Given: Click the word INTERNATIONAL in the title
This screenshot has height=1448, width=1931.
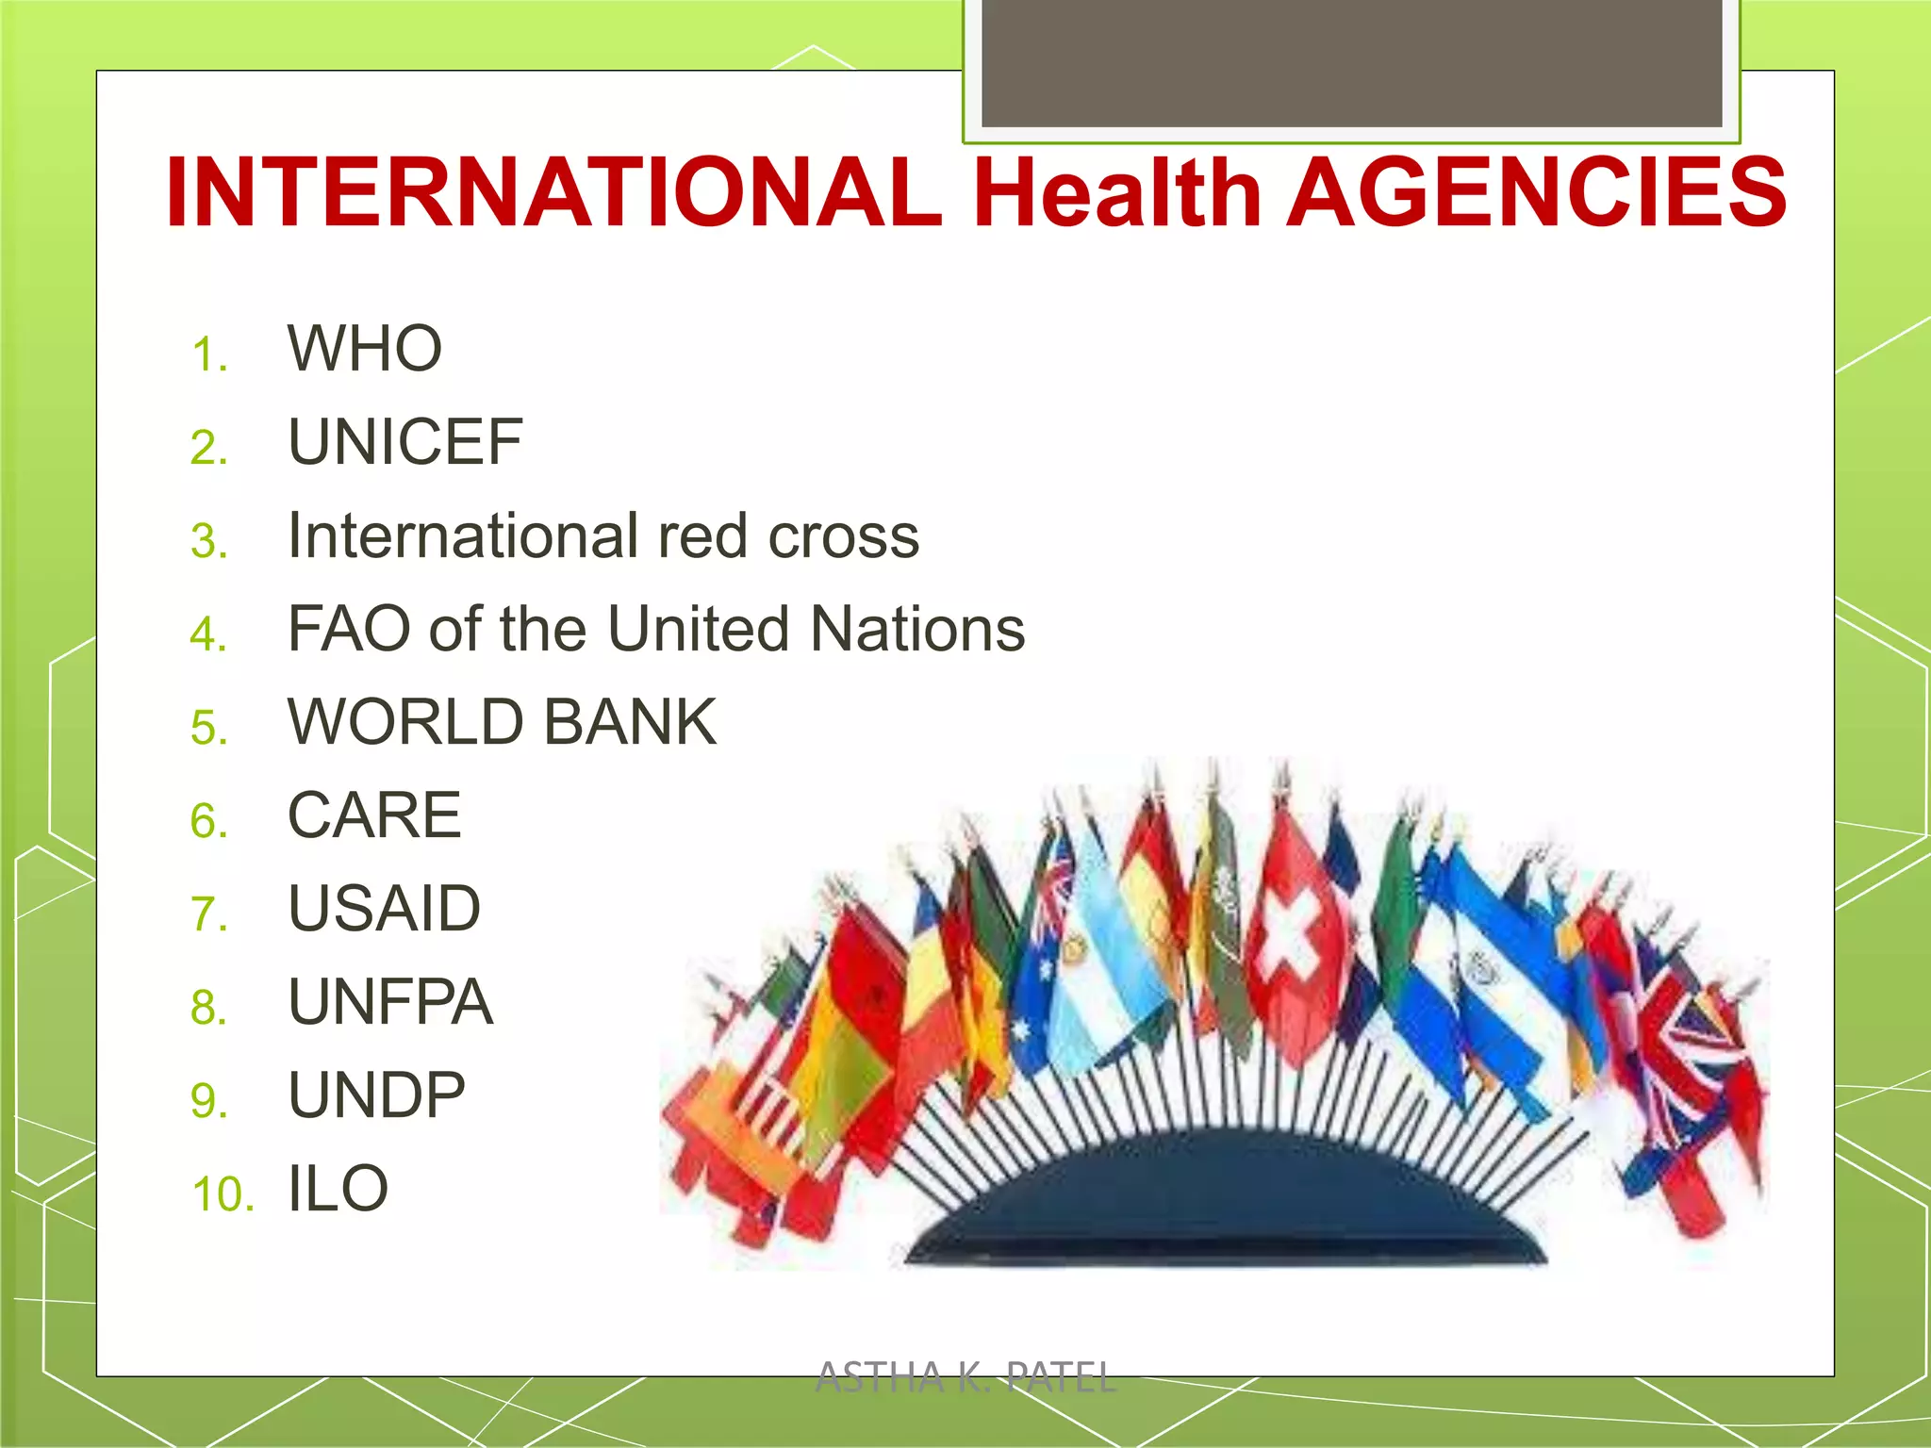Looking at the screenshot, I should click(553, 192).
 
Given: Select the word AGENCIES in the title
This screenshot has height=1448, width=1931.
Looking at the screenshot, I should click(1536, 192).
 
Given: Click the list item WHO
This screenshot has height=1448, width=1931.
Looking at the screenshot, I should click(365, 349).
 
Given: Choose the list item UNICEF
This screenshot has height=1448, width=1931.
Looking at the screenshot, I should click(405, 442).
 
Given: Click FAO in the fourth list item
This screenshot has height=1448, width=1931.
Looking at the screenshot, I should click(349, 629).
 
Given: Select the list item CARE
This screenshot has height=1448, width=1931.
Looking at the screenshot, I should click(374, 815).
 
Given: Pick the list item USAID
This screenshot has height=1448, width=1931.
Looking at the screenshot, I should click(385, 909).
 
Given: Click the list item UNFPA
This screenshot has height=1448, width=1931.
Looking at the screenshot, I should click(390, 1002).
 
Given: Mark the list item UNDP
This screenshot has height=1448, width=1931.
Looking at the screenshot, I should click(376, 1095).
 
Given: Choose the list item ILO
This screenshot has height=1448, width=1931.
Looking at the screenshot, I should click(338, 1189).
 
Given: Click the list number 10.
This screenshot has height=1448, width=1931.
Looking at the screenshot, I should click(223, 1194).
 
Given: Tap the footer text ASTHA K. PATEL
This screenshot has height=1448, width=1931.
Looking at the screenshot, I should click(965, 1377).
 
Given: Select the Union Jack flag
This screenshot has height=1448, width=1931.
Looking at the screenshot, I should click(1688, 1056).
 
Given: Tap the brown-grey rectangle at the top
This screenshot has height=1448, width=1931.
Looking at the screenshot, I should click(1351, 62).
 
